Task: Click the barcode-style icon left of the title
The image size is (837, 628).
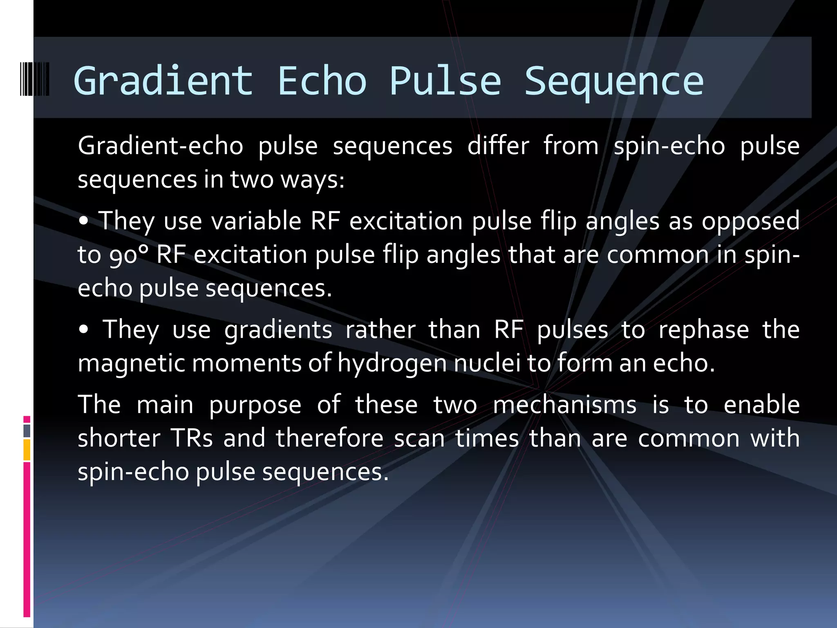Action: pyautogui.click(x=35, y=79)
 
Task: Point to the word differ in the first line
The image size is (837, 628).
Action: pyautogui.click(x=498, y=146)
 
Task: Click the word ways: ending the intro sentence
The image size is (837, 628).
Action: pyautogui.click(x=312, y=179)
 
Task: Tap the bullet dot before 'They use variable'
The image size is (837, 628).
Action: pyautogui.click(x=84, y=221)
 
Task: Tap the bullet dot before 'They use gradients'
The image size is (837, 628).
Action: pyautogui.click(x=84, y=330)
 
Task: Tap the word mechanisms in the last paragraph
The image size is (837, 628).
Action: pyautogui.click(x=564, y=405)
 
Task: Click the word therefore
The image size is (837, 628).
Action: pyautogui.click(x=329, y=438)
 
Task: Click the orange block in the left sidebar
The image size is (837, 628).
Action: pyautogui.click(x=27, y=450)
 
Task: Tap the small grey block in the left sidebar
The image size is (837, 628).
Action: pyautogui.click(x=27, y=431)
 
